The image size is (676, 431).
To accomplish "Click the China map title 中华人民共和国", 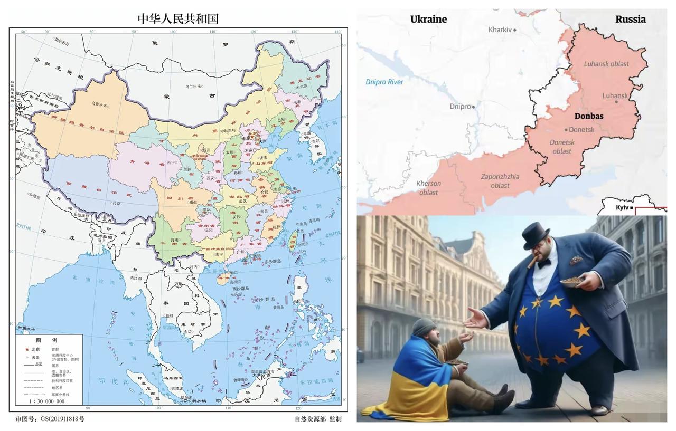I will [178, 18].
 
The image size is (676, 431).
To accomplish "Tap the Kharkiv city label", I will [500, 30].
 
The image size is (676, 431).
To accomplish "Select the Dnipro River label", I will [384, 82].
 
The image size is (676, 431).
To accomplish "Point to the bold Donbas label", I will [588, 116].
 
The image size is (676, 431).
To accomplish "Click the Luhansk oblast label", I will [606, 64].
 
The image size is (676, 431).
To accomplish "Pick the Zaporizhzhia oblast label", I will [500, 181].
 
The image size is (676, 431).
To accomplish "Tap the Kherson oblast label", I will [429, 188].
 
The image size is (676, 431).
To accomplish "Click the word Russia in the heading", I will [630, 19].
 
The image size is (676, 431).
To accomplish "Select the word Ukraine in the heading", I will [428, 19].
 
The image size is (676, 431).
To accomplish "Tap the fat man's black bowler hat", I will [536, 235].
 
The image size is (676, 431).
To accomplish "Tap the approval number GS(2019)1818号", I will [50, 419].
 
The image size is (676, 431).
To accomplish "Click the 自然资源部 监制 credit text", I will [318, 419].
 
